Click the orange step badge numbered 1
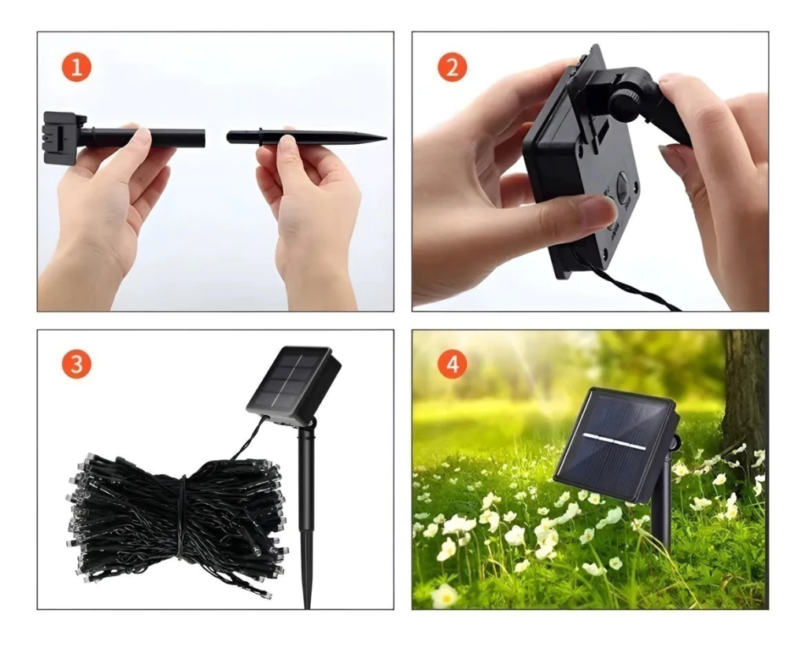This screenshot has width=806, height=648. coord(76,68)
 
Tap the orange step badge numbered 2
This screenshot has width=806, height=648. coord(452,68)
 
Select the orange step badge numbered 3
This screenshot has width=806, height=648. coord(76,365)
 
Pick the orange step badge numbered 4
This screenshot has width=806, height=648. coord(452,365)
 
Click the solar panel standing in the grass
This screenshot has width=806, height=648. coord(614,445)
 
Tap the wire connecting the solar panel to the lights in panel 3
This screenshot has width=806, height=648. coord(246,439)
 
